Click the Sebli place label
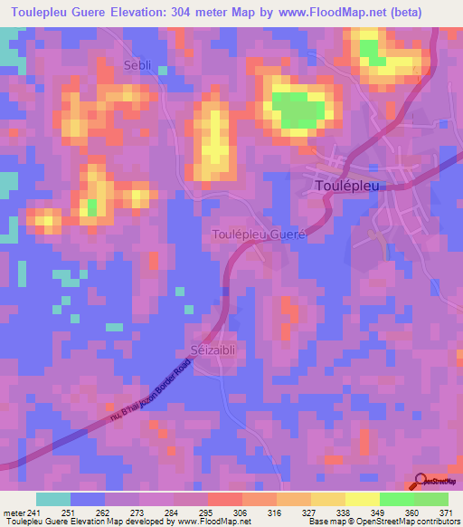(138, 64)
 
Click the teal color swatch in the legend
(52, 499)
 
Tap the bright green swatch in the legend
(430, 499)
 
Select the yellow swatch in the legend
(362, 499)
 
